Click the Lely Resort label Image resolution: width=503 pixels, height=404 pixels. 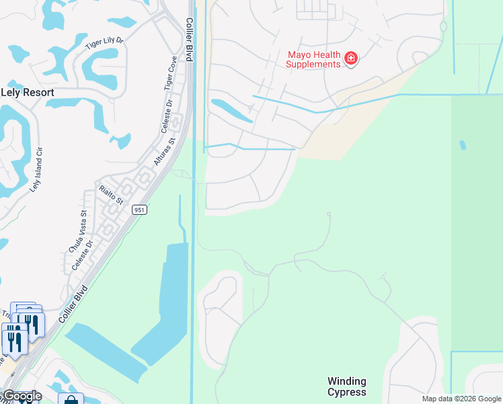28,91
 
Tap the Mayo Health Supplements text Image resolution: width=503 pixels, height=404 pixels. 313,59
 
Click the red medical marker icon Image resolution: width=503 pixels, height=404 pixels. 350,59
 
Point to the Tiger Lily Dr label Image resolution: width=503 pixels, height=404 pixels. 106,44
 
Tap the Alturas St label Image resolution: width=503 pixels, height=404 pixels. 163,151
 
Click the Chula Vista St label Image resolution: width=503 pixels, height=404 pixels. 77,232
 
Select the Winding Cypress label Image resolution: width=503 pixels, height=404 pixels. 347,386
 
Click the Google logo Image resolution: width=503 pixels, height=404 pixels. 22,396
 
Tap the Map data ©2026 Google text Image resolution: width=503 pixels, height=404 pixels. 461,399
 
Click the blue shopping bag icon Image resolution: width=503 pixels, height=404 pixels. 70,400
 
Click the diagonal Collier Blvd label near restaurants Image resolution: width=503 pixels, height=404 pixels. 73,302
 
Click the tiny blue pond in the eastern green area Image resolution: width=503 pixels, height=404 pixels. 462,145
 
